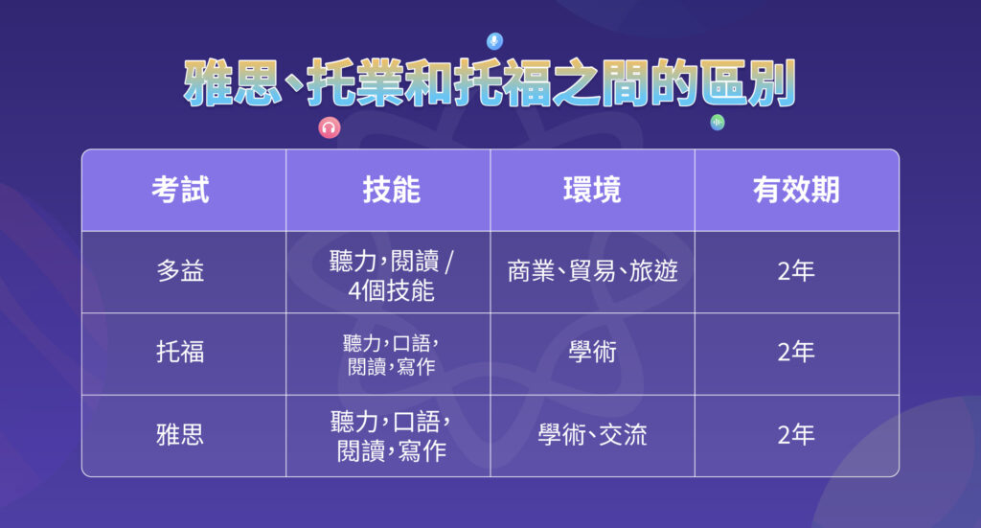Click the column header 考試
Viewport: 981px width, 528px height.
[180, 190]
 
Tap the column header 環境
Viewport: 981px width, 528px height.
[592, 190]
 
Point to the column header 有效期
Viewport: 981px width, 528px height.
[796, 190]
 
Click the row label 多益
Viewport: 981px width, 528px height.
[180, 271]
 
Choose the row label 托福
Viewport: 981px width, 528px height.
[180, 353]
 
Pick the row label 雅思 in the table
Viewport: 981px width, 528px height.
[180, 434]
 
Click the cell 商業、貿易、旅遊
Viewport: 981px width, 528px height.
[592, 271]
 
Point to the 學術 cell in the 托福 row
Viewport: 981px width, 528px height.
[592, 353]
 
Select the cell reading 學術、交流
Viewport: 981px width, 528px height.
[592, 434]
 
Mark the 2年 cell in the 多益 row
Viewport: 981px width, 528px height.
[796, 271]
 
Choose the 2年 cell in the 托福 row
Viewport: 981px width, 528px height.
[796, 353]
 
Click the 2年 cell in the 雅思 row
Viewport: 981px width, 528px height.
[796, 434]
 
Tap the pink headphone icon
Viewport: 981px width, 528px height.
[329, 128]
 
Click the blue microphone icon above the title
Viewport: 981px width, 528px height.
[494, 41]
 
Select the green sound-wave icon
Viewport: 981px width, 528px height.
[717, 123]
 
